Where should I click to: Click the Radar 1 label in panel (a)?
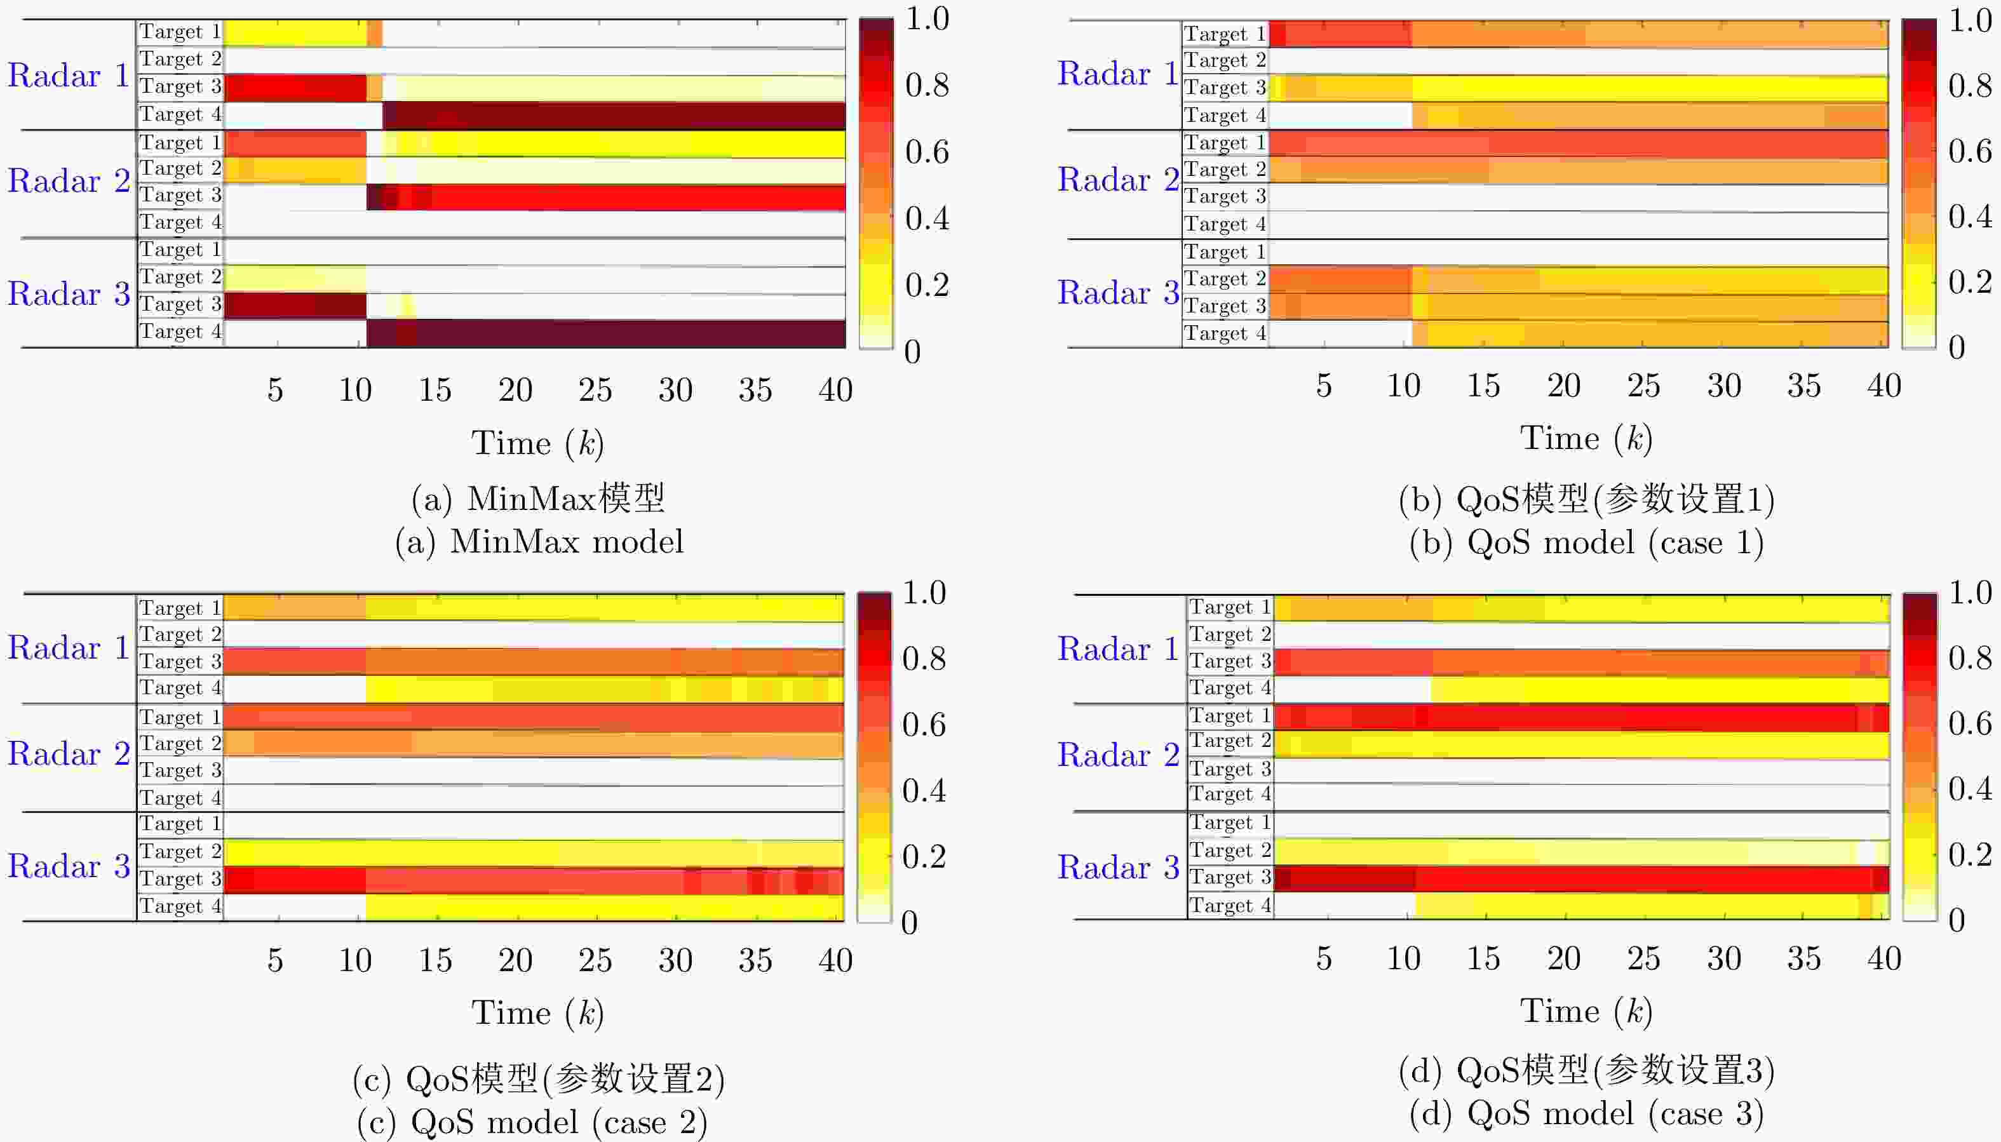pyautogui.click(x=67, y=76)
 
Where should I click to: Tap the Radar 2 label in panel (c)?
pyautogui.click(x=67, y=754)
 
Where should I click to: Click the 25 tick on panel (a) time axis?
pyautogui.click(x=595, y=390)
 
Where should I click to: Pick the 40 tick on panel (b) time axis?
pyautogui.click(x=1883, y=386)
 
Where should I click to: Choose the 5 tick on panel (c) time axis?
pyautogui.click(x=274, y=960)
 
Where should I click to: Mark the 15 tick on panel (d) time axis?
pyautogui.click(x=1483, y=958)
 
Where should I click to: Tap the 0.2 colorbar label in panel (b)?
pyautogui.click(x=1970, y=281)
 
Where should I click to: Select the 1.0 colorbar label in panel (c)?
pyautogui.click(x=924, y=593)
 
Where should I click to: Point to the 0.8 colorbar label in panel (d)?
pyautogui.click(x=1970, y=657)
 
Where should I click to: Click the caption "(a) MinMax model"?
pyautogui.click(x=539, y=542)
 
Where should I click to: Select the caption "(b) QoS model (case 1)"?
pyautogui.click(x=1586, y=543)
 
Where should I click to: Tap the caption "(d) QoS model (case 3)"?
pyautogui.click(x=1586, y=1114)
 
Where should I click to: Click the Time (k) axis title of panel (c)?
pyautogui.click(x=538, y=1012)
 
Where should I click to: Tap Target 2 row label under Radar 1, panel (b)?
pyautogui.click(x=1225, y=60)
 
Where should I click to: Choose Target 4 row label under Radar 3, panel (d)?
pyautogui.click(x=1229, y=905)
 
